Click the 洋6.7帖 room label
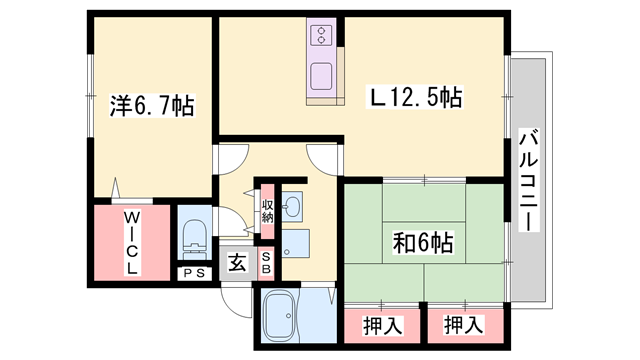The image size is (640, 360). coord(152,102)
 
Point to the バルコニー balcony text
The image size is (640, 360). coord(529,179)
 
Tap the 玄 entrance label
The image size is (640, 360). coord(236,263)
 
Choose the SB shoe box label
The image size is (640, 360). coord(266,263)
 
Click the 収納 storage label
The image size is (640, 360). coord(267,211)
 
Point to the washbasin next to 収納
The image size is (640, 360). coord(293,207)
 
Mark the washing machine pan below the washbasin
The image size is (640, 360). coord(296,244)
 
